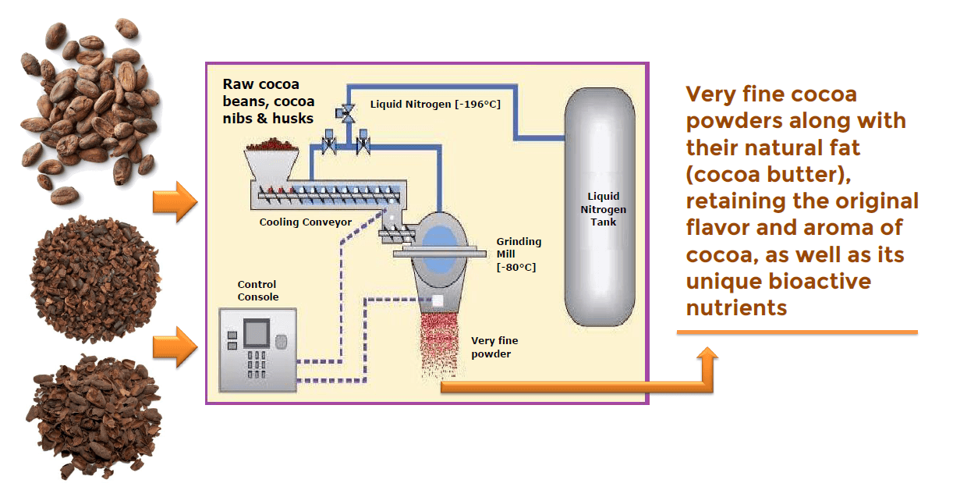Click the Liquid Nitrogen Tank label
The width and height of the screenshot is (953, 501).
coord(606,209)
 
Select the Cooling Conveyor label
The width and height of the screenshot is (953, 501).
coord(305,222)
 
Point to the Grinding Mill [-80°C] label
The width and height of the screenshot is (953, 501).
coord(519,254)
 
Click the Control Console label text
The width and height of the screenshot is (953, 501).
coord(257,290)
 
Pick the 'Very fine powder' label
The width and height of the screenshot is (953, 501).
coord(494,347)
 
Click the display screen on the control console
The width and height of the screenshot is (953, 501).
coord(257,333)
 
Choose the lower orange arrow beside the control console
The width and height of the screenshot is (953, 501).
coord(175,346)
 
